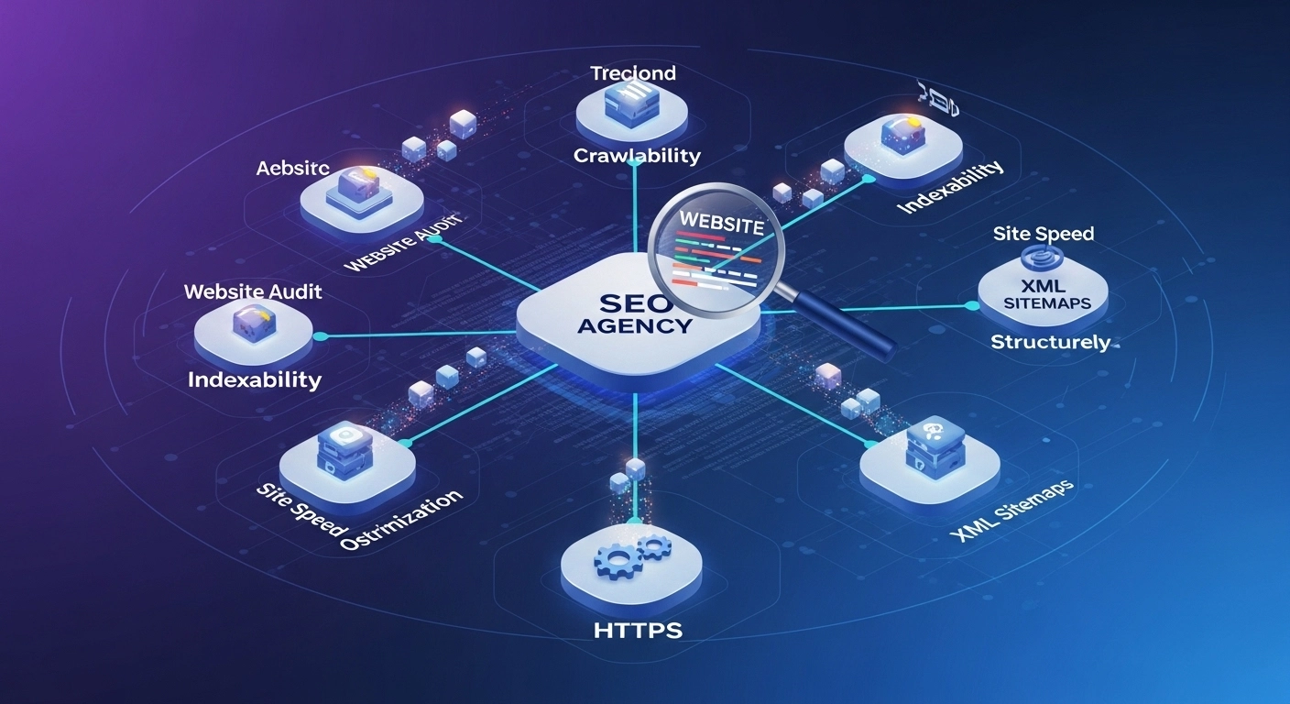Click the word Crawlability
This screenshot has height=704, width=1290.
click(x=637, y=156)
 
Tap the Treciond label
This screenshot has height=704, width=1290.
click(x=633, y=73)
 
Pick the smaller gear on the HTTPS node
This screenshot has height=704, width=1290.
click(x=653, y=548)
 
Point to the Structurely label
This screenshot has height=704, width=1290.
click(x=1050, y=343)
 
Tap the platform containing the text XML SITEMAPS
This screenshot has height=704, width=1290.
click(x=1042, y=293)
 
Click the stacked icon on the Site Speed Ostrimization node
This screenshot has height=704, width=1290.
click(x=341, y=451)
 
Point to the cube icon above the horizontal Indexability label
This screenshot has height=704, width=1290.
click(x=251, y=323)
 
